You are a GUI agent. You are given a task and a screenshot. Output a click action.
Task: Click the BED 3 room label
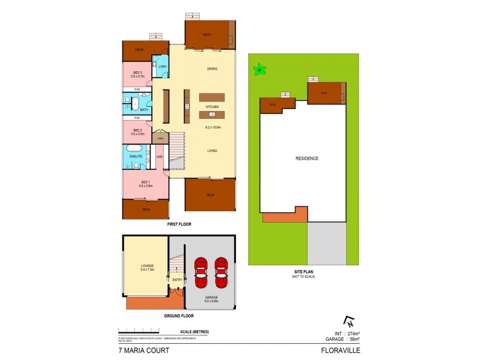click(x=137, y=73)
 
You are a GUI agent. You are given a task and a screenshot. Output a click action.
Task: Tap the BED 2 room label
click(x=137, y=130)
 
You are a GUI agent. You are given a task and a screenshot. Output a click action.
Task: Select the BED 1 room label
click(x=146, y=182)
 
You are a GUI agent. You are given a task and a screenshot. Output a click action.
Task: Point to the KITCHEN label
click(x=212, y=107)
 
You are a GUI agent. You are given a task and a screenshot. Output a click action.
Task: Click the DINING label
click(x=211, y=68)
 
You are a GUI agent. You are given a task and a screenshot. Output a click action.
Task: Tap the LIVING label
click(x=212, y=151)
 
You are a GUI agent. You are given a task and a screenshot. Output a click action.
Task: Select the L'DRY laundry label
click(x=162, y=66)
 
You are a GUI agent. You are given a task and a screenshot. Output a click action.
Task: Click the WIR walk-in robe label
click(x=160, y=157)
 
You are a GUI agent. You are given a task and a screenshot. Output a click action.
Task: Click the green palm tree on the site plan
click(x=260, y=70)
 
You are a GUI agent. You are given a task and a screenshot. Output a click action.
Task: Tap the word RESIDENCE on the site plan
click(x=307, y=158)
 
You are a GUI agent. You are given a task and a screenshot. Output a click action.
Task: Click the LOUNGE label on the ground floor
click(x=148, y=266)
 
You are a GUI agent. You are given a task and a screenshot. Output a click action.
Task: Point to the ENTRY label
click(x=177, y=280)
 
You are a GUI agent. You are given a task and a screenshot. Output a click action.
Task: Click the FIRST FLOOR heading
click(x=179, y=224)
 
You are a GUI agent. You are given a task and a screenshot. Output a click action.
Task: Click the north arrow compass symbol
click(x=347, y=321)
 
